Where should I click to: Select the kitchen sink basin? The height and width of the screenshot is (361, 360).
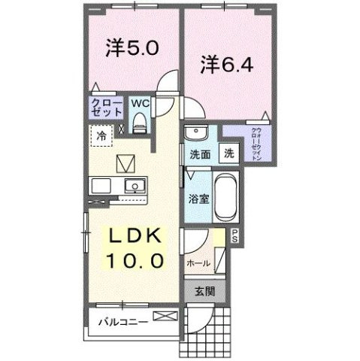pos(135,186)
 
